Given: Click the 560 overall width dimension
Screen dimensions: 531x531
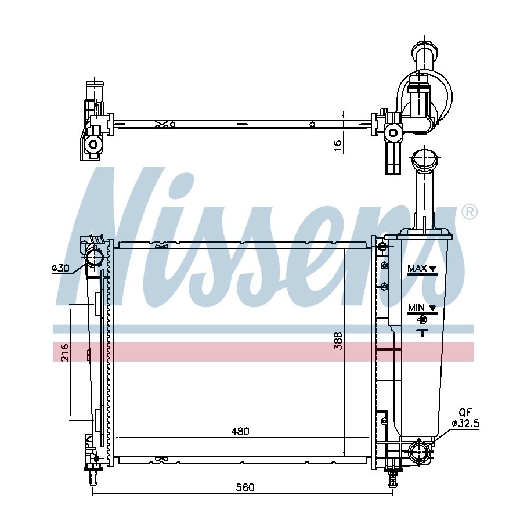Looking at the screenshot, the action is [x=245, y=487].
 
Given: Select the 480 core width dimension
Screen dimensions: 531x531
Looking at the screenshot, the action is [x=240, y=431].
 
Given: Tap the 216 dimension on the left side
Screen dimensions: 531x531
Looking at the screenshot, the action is [x=64, y=352].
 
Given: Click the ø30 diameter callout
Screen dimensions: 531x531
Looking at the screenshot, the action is [x=60, y=268].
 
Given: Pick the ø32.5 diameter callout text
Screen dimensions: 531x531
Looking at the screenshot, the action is [x=465, y=423].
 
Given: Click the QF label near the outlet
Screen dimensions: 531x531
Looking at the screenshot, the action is [x=465, y=412].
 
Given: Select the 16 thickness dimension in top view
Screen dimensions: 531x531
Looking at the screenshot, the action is [x=338, y=145].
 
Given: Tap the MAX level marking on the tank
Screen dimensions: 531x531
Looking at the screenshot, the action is [x=422, y=269].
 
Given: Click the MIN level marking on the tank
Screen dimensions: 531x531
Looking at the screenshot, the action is [x=422, y=308].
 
